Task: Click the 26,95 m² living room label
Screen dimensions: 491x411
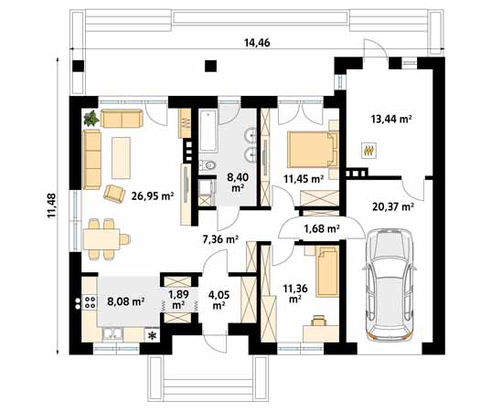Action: coord(153,196)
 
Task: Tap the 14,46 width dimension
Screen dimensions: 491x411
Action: coord(257,43)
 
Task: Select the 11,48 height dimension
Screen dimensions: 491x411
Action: coord(51,205)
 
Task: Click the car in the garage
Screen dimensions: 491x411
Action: coord(390,284)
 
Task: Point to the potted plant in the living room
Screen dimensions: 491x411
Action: coord(91,118)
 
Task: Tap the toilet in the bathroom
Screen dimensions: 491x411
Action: coord(208,164)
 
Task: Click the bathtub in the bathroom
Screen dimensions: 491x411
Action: coord(208,131)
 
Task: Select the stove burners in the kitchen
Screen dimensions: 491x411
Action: coord(90,302)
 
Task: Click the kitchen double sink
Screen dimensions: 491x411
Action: coord(112,333)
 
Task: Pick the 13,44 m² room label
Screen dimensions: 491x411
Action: coord(391,119)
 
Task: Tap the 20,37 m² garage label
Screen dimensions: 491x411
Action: coord(393,206)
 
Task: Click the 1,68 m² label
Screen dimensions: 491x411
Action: coord(322,229)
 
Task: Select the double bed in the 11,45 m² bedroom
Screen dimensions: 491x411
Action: coord(313,150)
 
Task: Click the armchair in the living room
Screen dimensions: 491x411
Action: coord(114,194)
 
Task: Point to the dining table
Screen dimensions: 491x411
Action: coord(101,239)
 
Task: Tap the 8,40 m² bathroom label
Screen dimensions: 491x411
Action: coord(238,182)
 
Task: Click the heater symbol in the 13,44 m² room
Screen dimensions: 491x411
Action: coord(368,151)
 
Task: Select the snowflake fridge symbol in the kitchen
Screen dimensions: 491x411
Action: coord(152,335)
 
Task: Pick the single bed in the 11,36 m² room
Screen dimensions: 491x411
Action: coord(327,271)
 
